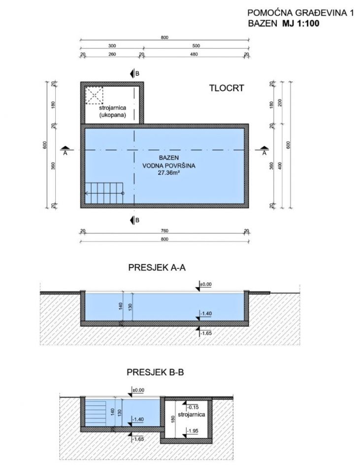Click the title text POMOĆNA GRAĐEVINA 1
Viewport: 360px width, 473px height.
point(300,13)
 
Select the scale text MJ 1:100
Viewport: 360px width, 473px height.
point(300,24)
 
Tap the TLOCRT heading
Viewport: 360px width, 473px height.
point(227,88)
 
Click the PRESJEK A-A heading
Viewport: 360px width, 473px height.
point(157,268)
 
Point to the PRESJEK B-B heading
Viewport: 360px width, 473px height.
point(155,372)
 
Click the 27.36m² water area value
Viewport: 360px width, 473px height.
point(169,173)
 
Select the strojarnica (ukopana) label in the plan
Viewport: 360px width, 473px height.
point(112,111)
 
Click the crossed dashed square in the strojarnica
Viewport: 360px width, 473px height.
point(94,95)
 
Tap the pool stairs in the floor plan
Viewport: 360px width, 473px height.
point(104,193)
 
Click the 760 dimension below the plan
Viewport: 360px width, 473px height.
point(164,231)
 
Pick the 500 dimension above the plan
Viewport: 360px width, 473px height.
point(196,46)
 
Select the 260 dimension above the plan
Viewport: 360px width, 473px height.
point(112,54)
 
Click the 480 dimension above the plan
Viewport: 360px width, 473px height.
point(194,54)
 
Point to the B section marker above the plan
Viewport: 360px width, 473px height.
point(134,73)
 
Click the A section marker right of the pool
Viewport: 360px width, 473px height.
point(264,150)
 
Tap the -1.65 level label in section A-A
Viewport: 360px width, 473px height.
point(206,334)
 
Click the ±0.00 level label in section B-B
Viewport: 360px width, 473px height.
point(138,390)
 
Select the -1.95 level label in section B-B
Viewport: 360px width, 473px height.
point(193,431)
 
